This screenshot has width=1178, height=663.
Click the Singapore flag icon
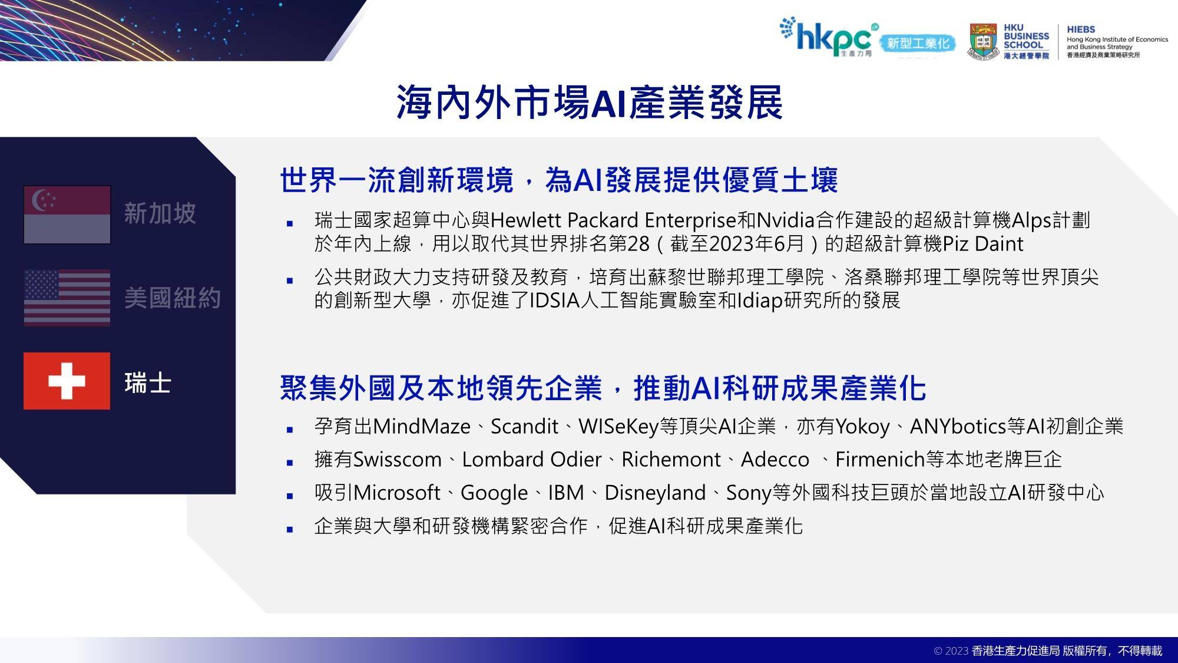[67, 215]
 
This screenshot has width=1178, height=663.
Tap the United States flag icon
[67, 298]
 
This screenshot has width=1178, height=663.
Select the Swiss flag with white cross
[67, 381]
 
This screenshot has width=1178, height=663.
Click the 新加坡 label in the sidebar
[160, 213]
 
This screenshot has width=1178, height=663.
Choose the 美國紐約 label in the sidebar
[172, 298]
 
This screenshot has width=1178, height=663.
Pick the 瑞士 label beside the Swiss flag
[148, 383]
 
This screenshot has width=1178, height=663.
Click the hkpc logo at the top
[828, 37]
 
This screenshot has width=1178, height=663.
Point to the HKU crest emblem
[983, 41]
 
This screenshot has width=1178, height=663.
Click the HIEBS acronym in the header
[1081, 29]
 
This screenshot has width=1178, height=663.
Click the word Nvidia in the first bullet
[785, 220]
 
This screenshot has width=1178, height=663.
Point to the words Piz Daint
[983, 244]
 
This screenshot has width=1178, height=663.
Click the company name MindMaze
[422, 427]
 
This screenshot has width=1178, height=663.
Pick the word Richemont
[671, 460]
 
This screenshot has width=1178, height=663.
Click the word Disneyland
[655, 493]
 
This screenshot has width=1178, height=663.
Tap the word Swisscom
[397, 460]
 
